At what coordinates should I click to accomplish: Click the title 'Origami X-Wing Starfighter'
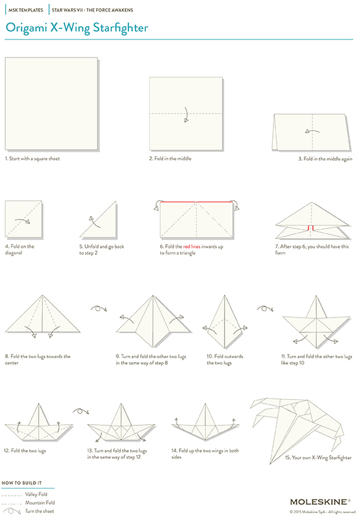click(77, 28)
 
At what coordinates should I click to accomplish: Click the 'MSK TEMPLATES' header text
click(25, 10)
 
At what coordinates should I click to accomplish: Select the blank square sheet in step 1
click(51, 104)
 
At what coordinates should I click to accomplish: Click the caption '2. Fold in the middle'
click(172, 158)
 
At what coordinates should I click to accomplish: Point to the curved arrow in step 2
click(185, 114)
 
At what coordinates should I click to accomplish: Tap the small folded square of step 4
click(23, 219)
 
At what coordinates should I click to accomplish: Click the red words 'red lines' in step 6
click(192, 247)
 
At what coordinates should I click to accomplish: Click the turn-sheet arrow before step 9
click(99, 308)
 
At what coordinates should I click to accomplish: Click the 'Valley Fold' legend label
click(36, 494)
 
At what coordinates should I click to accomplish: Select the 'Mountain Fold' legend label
click(39, 502)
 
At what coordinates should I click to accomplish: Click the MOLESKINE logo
click(320, 501)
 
